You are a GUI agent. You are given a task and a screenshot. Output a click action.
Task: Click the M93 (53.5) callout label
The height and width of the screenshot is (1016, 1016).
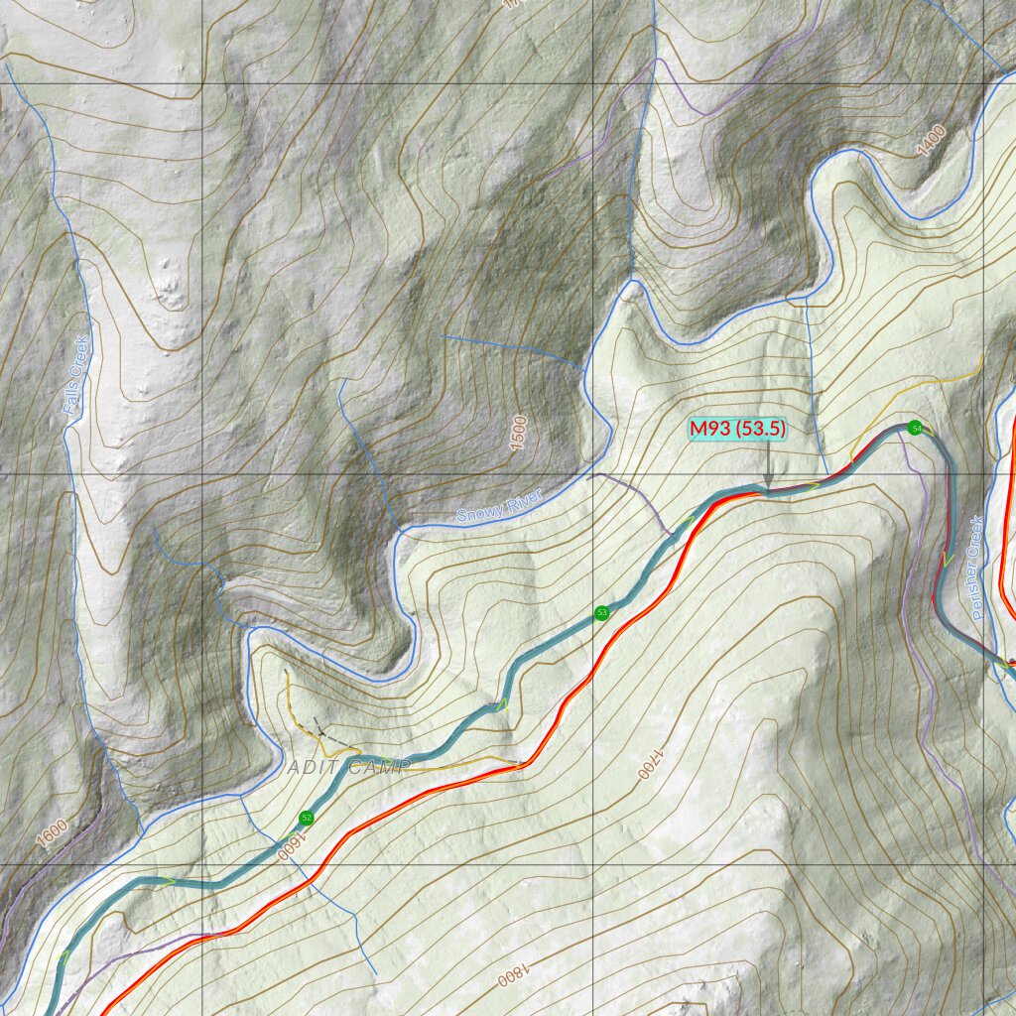coord(739,429)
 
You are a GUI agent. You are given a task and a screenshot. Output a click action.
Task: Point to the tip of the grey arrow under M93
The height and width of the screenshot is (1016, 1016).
coord(768,486)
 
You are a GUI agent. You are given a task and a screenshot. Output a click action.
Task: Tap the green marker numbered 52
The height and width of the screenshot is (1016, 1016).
coord(307,818)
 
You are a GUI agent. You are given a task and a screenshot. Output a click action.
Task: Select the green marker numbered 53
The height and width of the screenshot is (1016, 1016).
coord(601,613)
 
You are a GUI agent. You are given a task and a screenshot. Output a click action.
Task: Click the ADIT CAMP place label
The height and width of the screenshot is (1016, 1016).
coord(347,767)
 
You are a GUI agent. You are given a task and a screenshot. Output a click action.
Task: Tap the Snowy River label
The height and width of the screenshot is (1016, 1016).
coord(500,507)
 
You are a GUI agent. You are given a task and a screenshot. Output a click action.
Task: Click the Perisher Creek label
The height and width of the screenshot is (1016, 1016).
coord(978,568)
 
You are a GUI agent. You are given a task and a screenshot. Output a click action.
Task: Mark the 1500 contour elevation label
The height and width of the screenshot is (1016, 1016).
coord(517,433)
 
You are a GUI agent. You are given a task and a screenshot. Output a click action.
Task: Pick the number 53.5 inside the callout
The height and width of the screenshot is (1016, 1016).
coord(762,429)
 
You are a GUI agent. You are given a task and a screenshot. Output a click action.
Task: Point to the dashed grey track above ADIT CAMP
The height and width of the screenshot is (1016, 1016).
coord(332,737)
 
